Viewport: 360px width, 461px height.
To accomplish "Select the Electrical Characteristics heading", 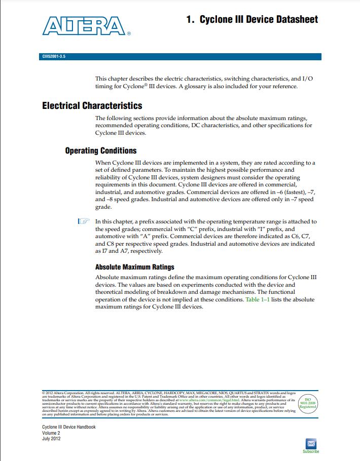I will [x=92, y=105].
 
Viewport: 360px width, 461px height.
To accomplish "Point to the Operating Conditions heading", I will [x=101, y=150].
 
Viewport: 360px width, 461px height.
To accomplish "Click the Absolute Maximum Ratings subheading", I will [x=134, y=267].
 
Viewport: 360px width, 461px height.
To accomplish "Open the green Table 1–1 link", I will [x=257, y=299].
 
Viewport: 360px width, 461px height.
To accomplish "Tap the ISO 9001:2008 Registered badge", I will [x=308, y=402].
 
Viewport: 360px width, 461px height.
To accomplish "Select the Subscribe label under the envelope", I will [x=311, y=451].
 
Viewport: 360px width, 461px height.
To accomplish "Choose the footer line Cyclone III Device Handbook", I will [x=69, y=427].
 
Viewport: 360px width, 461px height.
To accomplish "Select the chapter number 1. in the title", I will [x=191, y=19].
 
